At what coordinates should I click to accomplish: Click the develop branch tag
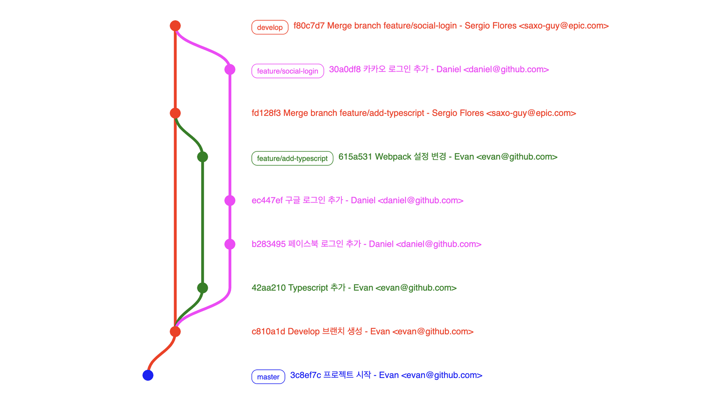tap(269, 27)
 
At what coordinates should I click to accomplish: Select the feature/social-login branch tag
tap(287, 71)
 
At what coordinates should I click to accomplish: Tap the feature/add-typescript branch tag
tap(292, 158)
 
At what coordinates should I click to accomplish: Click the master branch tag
tap(268, 377)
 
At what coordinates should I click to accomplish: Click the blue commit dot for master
tap(148, 375)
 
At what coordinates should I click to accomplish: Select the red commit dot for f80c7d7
tap(175, 25)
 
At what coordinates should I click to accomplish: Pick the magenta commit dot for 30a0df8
tap(230, 69)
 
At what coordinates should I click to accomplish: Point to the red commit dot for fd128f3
tap(175, 113)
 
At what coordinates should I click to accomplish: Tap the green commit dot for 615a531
tap(203, 157)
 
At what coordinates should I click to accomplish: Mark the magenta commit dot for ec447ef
tap(230, 201)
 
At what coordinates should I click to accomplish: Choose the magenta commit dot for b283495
tap(230, 244)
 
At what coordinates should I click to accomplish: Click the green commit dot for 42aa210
tap(203, 288)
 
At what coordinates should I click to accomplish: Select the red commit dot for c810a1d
tap(175, 331)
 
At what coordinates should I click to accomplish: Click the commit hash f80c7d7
tap(309, 25)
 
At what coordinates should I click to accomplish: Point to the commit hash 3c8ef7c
tap(305, 375)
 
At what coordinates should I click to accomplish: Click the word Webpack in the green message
tap(393, 157)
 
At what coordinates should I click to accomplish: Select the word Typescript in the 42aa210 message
tap(308, 288)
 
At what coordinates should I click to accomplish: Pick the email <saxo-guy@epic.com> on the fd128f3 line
tap(531, 113)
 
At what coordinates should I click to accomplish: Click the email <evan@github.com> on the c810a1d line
tap(433, 331)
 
